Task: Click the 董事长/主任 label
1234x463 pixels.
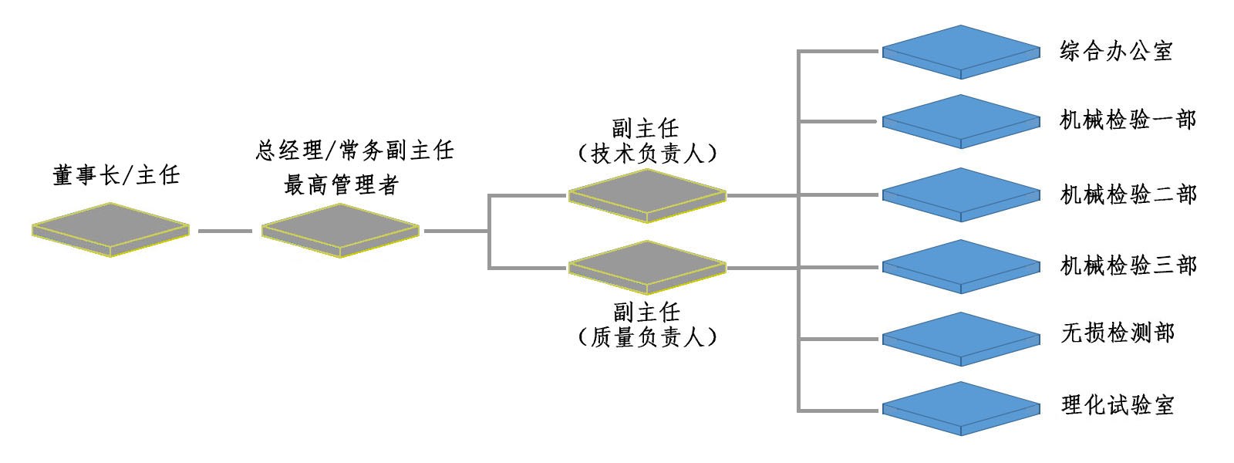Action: [116, 176]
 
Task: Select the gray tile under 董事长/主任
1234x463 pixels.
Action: [110, 228]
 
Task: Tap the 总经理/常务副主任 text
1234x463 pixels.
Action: [355, 150]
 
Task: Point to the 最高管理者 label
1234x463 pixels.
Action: [341, 185]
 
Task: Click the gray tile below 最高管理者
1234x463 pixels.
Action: [340, 229]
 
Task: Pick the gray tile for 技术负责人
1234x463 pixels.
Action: [647, 195]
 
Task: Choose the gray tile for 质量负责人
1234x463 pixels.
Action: [647, 267]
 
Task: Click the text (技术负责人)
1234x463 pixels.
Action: [647, 154]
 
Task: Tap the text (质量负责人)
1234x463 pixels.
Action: [647, 337]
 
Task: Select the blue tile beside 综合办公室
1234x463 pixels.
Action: [961, 51]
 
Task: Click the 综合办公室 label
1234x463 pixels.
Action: [1116, 52]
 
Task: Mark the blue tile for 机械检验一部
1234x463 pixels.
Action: [961, 120]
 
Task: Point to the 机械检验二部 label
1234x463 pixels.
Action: [1128, 194]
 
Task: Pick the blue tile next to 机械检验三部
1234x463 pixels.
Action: [961, 266]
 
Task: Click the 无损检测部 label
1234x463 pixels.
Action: [1118, 333]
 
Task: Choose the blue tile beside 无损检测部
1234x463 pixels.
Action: [961, 339]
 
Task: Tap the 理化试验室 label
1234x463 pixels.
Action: [1118, 405]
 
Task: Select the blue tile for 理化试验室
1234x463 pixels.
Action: [961, 408]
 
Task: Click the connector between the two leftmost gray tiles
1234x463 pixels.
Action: [225, 231]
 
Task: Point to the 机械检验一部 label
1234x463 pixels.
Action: [1128, 120]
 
